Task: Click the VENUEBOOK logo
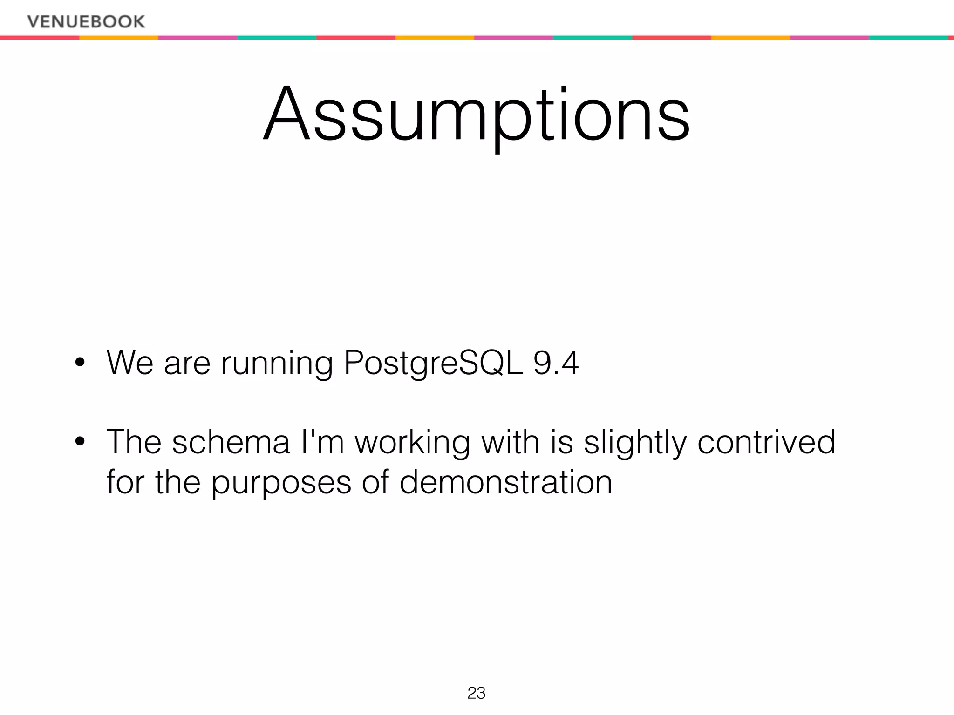[86, 21]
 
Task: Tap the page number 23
[476, 693]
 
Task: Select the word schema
[231, 442]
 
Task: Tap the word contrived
[766, 442]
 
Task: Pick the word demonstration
[505, 482]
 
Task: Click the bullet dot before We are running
[80, 363]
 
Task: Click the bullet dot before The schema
[80, 442]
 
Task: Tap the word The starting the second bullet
[134, 442]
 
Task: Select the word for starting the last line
[125, 482]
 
